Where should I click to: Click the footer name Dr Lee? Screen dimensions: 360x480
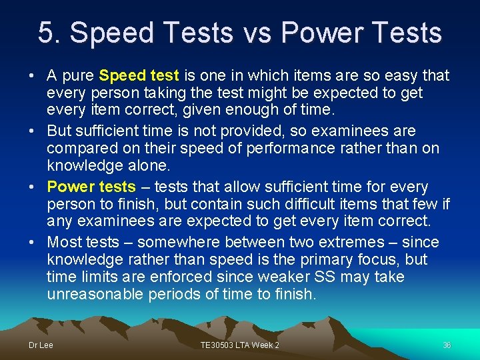tap(41, 345)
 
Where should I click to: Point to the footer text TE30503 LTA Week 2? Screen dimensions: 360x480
tap(239, 345)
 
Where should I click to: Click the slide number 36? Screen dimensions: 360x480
tap(447, 345)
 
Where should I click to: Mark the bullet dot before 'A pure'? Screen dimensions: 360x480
tap(32, 76)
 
